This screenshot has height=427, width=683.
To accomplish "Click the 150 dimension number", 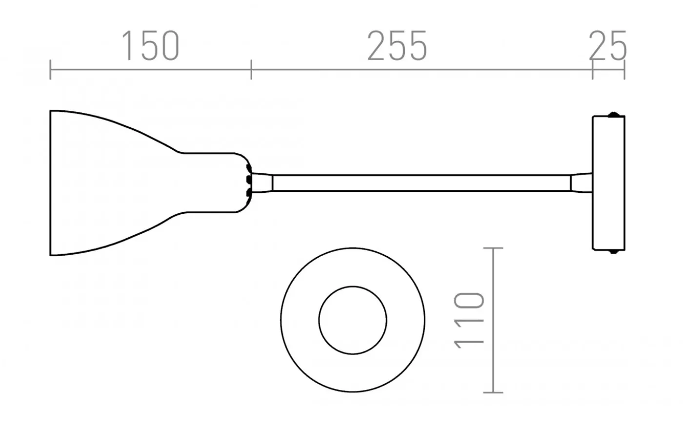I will tap(150, 46).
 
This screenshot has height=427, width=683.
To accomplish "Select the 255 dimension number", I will tap(397, 46).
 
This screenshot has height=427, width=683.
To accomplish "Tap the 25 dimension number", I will tap(607, 46).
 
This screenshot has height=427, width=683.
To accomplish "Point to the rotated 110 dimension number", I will tap(469, 321).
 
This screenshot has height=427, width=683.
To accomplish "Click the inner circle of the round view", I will tap(353, 321).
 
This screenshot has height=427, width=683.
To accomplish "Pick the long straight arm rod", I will tap(420, 183).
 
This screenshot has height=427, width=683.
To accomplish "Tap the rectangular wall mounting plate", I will tap(608, 183).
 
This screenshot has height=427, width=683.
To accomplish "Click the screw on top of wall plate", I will tap(615, 115).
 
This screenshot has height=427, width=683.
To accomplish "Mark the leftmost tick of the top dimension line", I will tap(50, 70).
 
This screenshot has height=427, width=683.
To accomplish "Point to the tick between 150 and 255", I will tap(251, 70).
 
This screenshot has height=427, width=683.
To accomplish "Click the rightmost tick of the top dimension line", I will tap(624, 70).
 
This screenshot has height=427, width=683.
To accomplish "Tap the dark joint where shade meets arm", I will tap(249, 183).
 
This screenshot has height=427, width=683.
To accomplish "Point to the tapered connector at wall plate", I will tap(582, 183).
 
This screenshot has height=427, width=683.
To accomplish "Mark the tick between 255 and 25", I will tap(592, 70).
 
